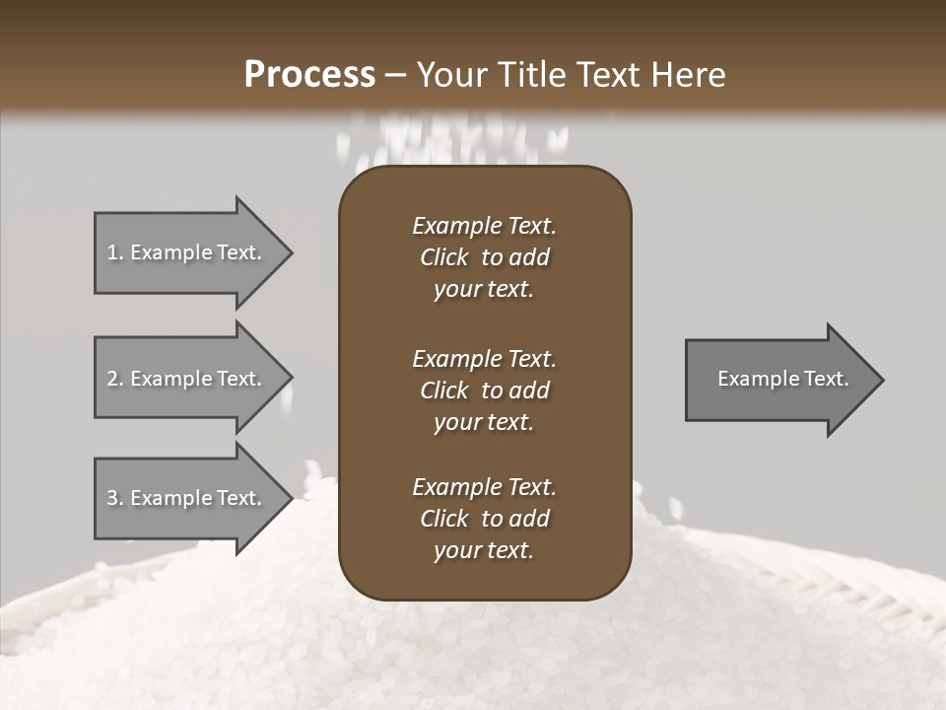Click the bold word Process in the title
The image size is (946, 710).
[309, 75]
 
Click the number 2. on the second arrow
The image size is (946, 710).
[115, 379]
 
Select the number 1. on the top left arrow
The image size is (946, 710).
[115, 252]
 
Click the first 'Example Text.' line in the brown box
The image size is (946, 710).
[484, 226]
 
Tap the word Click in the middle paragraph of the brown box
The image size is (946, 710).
[443, 390]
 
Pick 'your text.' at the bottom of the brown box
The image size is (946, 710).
[484, 550]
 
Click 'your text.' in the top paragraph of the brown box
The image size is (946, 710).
[484, 289]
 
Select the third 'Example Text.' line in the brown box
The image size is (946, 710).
[484, 487]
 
